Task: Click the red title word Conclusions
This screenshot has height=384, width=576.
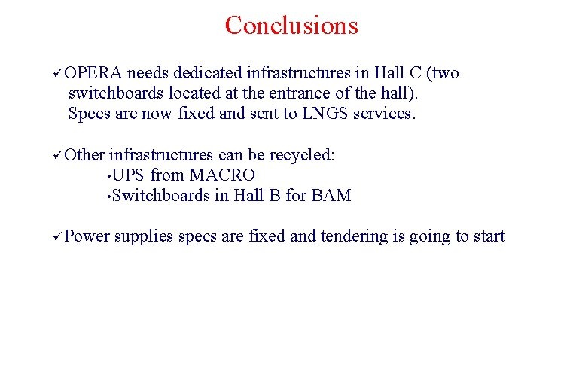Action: pyautogui.click(x=291, y=26)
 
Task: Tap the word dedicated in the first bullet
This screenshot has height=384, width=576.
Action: pyautogui.click(x=207, y=73)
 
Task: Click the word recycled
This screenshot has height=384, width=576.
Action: pyautogui.click(x=301, y=155)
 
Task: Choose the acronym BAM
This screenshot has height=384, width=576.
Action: pyautogui.click(x=331, y=196)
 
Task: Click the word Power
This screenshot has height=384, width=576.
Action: pyautogui.click(x=87, y=236)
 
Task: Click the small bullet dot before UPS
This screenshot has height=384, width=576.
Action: pyautogui.click(x=109, y=176)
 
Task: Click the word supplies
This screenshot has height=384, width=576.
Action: pyautogui.click(x=145, y=237)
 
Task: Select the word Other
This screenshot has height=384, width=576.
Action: pyautogui.click(x=84, y=155)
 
